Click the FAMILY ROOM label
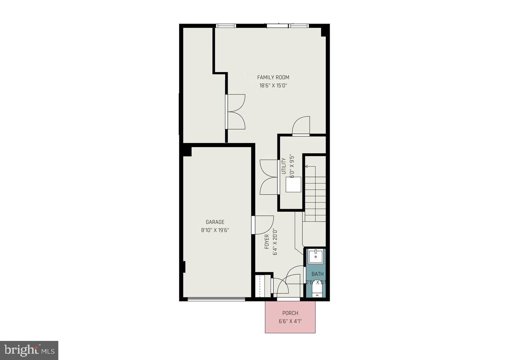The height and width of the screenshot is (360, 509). pos(273,77)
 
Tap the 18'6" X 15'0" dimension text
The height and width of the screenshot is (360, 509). pos(273,85)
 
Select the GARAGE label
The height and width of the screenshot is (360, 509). pos(215,222)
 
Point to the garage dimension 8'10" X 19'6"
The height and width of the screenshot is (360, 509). pos(215,230)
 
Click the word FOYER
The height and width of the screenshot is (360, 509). pos(267,242)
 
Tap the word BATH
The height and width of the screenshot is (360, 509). pos(317,274)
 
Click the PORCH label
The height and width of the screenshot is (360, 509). pos(290,313)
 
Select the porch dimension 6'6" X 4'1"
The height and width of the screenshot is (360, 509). pos(290,321)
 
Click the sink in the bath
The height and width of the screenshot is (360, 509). pos(315,256)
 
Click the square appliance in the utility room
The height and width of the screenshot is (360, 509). pos(293,184)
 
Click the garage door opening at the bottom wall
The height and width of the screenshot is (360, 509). pos(216,299)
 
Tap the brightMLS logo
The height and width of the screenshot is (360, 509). pos(29,350)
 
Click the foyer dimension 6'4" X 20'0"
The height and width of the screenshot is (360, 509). pos(275,242)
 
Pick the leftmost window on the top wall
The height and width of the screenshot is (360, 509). pos(226,25)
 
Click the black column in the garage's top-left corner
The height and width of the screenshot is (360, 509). pos(187,151)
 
